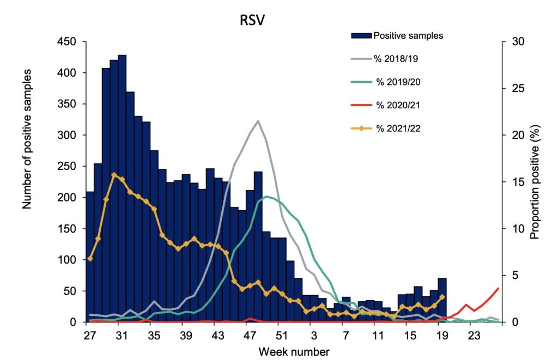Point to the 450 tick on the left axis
pyautogui.click(x=69, y=41)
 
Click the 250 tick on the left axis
pyautogui.click(x=69, y=166)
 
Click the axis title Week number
pyautogui.click(x=294, y=351)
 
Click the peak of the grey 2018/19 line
pyautogui.click(x=258, y=121)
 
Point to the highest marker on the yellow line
pyautogui.click(x=114, y=175)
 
